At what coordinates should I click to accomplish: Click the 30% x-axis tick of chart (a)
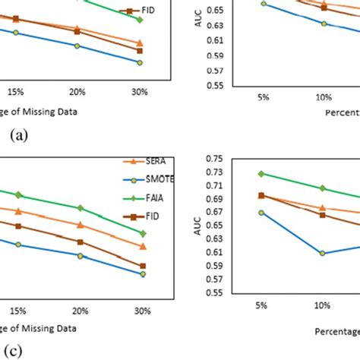point(140,92)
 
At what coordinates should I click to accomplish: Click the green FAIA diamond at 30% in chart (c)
point(142,233)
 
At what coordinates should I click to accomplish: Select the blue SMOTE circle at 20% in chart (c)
point(80,255)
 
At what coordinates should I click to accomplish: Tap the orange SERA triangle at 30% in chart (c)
point(142,246)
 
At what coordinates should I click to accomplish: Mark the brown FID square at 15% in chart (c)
point(18,226)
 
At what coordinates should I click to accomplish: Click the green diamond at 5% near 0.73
point(261,173)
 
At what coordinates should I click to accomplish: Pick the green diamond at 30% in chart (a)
point(140,19)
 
